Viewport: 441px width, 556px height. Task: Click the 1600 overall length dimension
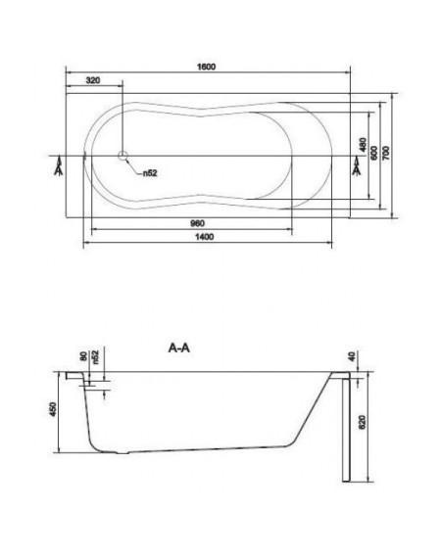coord(207,67)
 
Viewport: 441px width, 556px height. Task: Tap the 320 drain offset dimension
coord(93,80)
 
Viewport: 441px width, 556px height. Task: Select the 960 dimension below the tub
coord(198,223)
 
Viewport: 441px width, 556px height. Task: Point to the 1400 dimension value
coord(205,237)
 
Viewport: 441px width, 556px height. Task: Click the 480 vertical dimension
coord(363,145)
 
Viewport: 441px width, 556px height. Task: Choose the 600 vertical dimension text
coord(374,153)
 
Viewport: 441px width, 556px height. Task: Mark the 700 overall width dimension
coord(386,153)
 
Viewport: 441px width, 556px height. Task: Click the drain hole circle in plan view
coord(122,156)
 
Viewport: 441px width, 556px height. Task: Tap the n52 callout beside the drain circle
coord(150,173)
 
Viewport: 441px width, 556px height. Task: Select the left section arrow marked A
coord(59,167)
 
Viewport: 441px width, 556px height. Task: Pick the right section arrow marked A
coord(357,167)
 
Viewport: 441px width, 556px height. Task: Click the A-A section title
coord(179,348)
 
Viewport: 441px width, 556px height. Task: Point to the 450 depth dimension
coord(53,409)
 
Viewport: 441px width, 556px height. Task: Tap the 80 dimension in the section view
coord(84,356)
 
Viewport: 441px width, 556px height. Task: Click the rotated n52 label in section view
coord(95,357)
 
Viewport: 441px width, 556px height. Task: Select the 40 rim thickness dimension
coord(352,356)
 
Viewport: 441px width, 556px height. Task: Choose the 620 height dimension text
coord(363,422)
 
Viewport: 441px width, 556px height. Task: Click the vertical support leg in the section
coord(346,430)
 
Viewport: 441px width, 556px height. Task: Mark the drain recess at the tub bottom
coord(122,453)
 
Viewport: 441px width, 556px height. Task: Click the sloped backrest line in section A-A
coord(313,408)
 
